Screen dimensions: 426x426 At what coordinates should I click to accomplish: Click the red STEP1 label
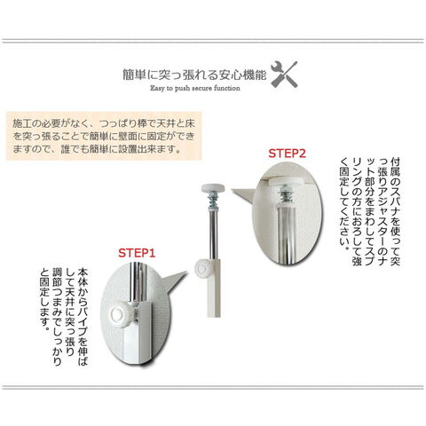137,253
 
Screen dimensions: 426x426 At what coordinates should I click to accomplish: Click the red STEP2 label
287,154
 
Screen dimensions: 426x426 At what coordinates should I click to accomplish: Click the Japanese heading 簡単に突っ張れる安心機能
194,75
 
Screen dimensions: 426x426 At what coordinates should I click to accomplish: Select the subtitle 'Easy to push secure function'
195,88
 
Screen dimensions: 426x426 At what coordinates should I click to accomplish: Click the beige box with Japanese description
104,136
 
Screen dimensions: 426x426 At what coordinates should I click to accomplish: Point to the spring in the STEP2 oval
287,193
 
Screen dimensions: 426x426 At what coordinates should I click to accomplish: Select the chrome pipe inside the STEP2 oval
286,233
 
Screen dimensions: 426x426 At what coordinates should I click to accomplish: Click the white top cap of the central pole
213,188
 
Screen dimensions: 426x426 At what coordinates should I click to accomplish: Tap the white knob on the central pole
202,268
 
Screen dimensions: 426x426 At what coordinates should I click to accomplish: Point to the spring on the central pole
213,201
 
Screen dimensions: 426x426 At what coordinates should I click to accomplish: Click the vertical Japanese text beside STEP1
64,317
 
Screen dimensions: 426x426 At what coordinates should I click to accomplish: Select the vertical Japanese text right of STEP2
370,212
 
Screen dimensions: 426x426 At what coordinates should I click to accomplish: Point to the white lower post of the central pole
214,288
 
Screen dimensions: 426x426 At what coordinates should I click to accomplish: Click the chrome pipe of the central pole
213,233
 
